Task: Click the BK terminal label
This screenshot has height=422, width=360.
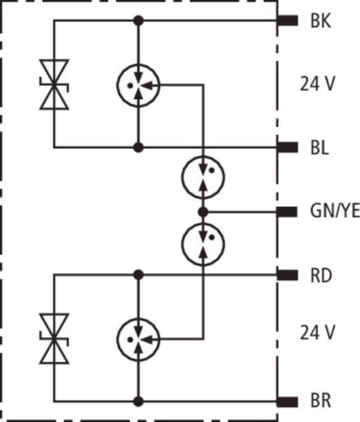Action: (321, 20)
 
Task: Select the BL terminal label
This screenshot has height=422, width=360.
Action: (320, 148)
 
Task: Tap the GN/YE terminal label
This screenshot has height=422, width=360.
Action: (335, 211)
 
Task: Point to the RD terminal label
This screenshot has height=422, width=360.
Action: (321, 276)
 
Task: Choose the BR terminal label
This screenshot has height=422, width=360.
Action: (321, 401)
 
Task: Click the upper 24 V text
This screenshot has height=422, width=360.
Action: (318, 84)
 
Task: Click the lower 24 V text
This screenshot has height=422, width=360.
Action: (318, 333)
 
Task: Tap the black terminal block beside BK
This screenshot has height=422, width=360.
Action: (288, 20)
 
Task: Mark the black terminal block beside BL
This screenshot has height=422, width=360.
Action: (288, 148)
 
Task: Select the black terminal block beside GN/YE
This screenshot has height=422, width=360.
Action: (288, 212)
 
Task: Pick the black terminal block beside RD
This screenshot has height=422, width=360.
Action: (288, 275)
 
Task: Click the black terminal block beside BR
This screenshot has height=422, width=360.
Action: (288, 402)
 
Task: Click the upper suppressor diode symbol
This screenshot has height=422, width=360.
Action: (54, 84)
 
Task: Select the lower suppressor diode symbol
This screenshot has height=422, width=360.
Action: (54, 338)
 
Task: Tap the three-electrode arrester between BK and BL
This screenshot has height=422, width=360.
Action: (139, 86)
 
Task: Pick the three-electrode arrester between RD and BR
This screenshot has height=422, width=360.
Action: (139, 340)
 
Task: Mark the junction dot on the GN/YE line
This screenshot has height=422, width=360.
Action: (203, 212)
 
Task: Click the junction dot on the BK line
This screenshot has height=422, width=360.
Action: (139, 20)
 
